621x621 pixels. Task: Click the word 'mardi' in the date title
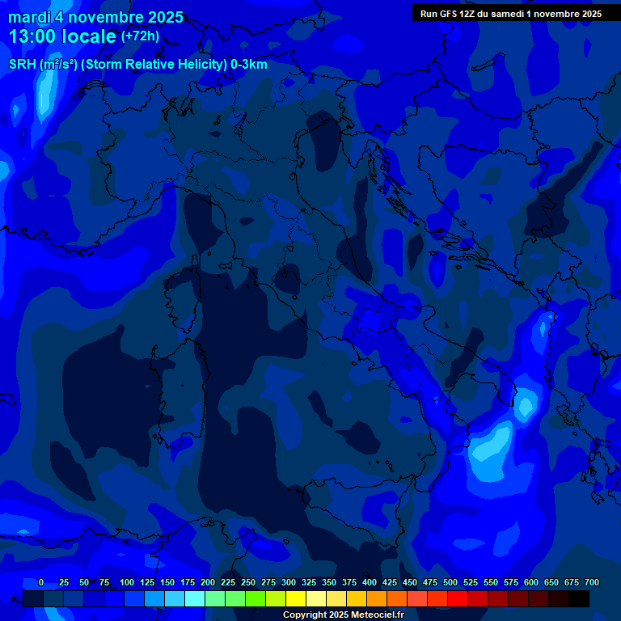click(x=29, y=17)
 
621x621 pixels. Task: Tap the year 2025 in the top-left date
click(x=165, y=17)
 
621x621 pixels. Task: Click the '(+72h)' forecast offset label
click(x=140, y=36)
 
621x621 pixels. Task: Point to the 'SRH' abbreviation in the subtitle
click(x=22, y=65)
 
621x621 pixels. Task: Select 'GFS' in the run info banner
click(x=448, y=14)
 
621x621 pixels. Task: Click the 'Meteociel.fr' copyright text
click(x=371, y=615)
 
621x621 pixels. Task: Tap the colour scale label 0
click(x=41, y=582)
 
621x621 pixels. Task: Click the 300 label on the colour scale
click(x=289, y=582)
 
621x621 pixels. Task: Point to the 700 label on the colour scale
click(x=592, y=582)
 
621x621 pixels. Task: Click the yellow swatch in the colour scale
click(x=296, y=598)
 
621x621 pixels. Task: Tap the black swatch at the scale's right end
click(x=579, y=598)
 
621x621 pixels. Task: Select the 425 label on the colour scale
click(x=390, y=582)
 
